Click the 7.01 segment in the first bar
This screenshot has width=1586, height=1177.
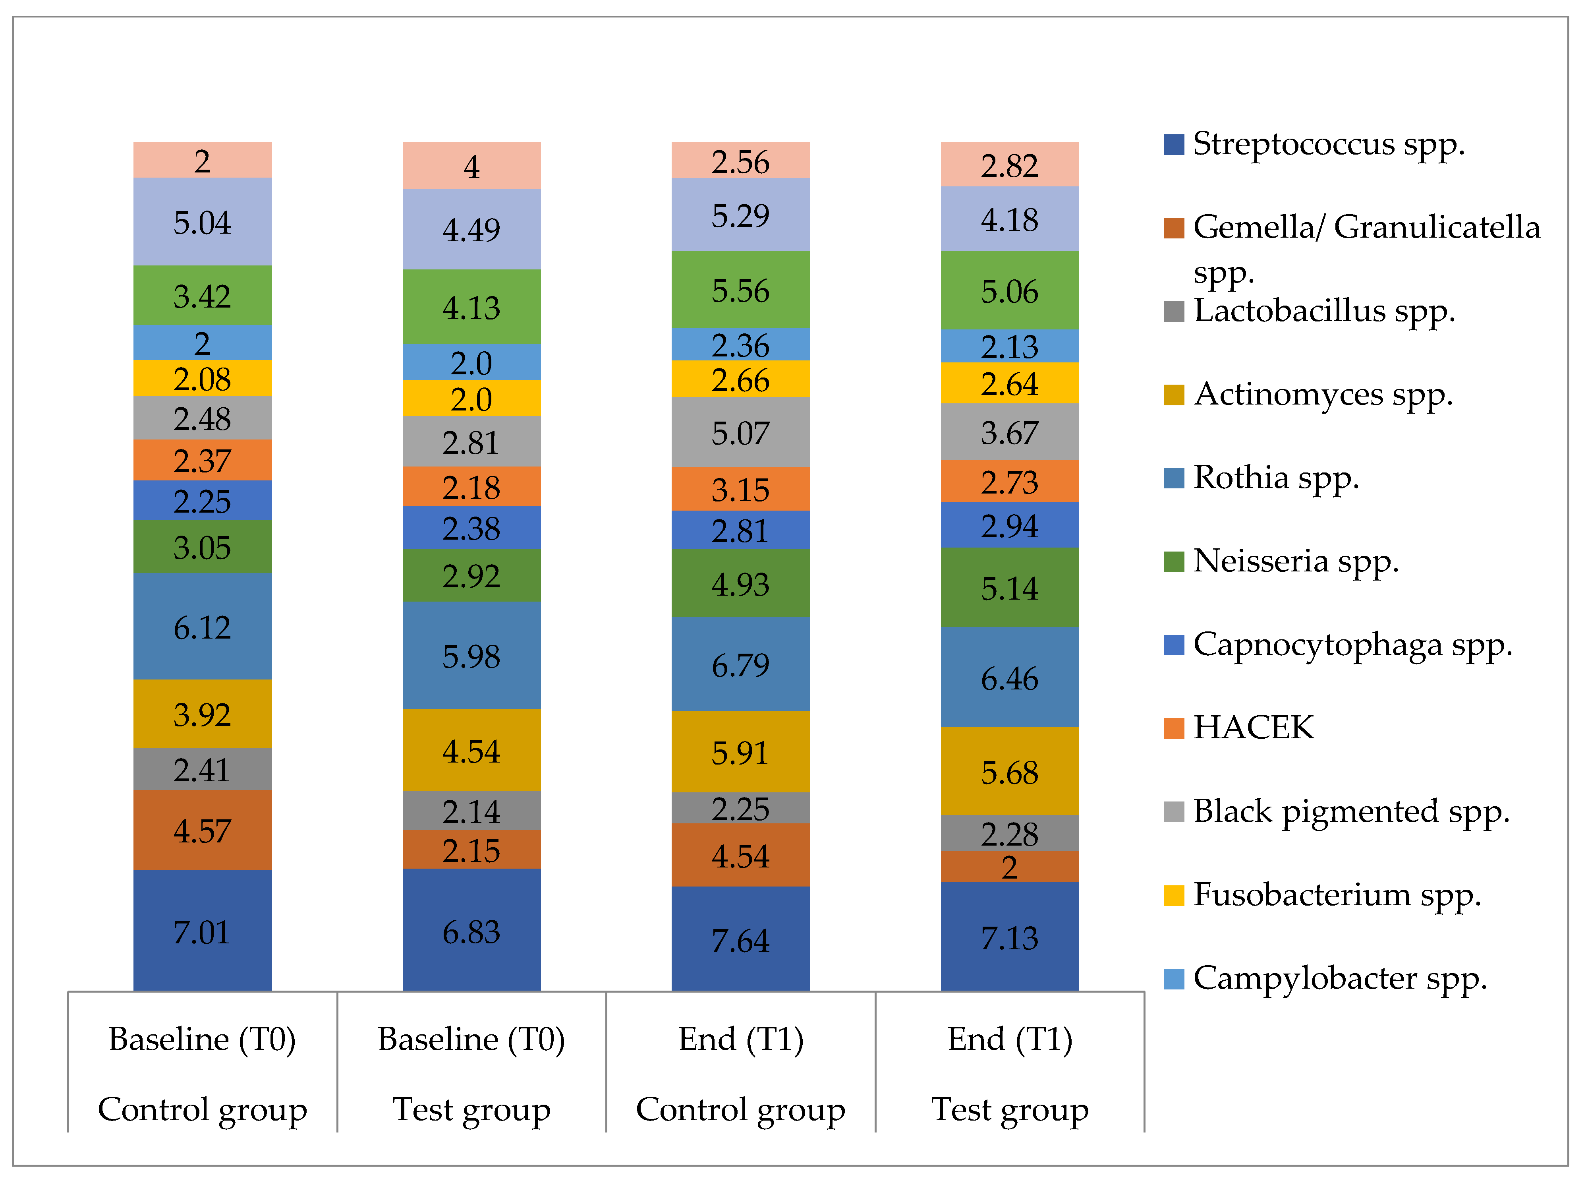(202, 931)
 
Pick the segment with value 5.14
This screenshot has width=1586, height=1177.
(1009, 588)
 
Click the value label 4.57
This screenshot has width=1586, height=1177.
(202, 831)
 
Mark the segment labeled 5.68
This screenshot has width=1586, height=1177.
(1009, 772)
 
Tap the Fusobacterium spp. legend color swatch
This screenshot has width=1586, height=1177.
(1174, 895)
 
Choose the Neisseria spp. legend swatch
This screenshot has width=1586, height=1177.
(1174, 561)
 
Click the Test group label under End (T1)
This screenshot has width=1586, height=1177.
(1009, 1109)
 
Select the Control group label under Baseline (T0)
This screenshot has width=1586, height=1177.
(202, 1109)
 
